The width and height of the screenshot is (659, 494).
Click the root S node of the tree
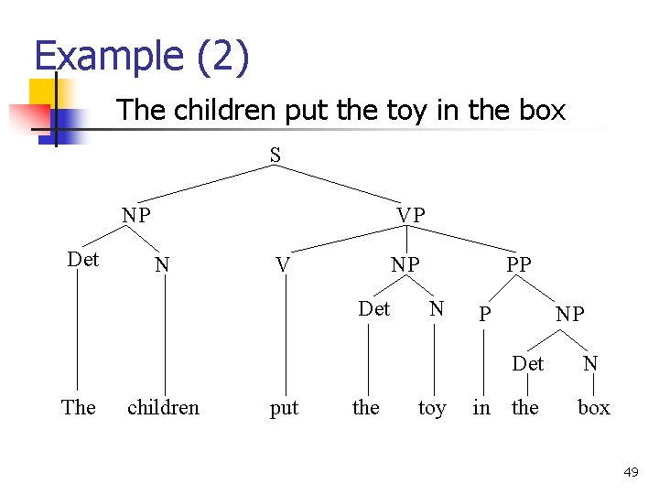[x=275, y=156]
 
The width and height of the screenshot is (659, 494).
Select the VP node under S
[x=411, y=215]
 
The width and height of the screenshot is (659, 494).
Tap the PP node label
[x=518, y=264]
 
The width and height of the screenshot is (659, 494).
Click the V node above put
[x=284, y=265]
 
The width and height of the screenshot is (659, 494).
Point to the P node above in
[x=486, y=315]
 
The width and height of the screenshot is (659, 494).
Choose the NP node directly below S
[x=136, y=216]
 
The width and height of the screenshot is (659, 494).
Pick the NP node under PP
[x=569, y=315]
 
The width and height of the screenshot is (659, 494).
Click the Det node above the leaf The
[x=83, y=260]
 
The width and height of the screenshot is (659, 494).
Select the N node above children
[x=162, y=265]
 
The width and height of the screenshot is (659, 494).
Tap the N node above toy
[x=437, y=309]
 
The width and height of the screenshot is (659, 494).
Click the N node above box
[x=590, y=364]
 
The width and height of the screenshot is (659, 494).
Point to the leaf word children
[x=163, y=408]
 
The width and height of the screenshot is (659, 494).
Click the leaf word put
[x=284, y=408]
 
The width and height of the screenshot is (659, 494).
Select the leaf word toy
[x=432, y=408]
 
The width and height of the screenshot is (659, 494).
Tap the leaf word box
[x=593, y=408]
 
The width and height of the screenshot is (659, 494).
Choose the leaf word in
[x=481, y=408]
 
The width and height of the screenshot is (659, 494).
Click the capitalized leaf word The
[x=78, y=408]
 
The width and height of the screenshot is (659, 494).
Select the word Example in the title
[x=109, y=57]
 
